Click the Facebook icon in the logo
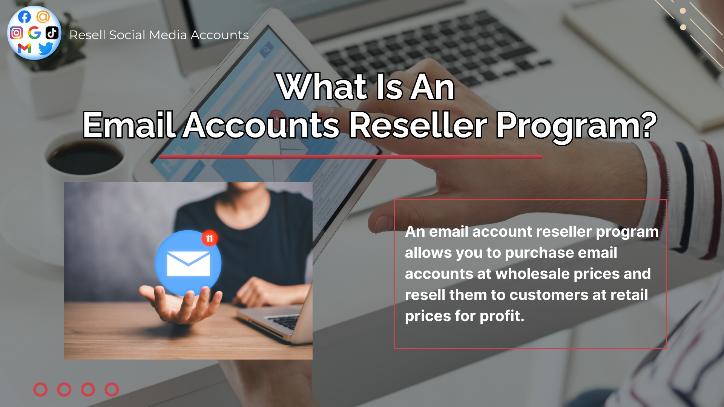coord(25,17)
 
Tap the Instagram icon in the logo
coord(16,33)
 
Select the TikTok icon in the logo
coord(52,33)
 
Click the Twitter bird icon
coord(46,48)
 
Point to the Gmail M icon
coord(25,48)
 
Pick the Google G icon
coord(34,33)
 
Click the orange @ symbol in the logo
coord(43,17)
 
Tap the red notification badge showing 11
coord(209,238)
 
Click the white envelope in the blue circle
coord(188,263)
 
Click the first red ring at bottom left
coord(40,390)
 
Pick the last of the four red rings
coord(112,390)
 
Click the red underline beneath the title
coord(350,157)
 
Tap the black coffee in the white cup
coord(85,158)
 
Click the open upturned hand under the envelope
coord(181,303)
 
